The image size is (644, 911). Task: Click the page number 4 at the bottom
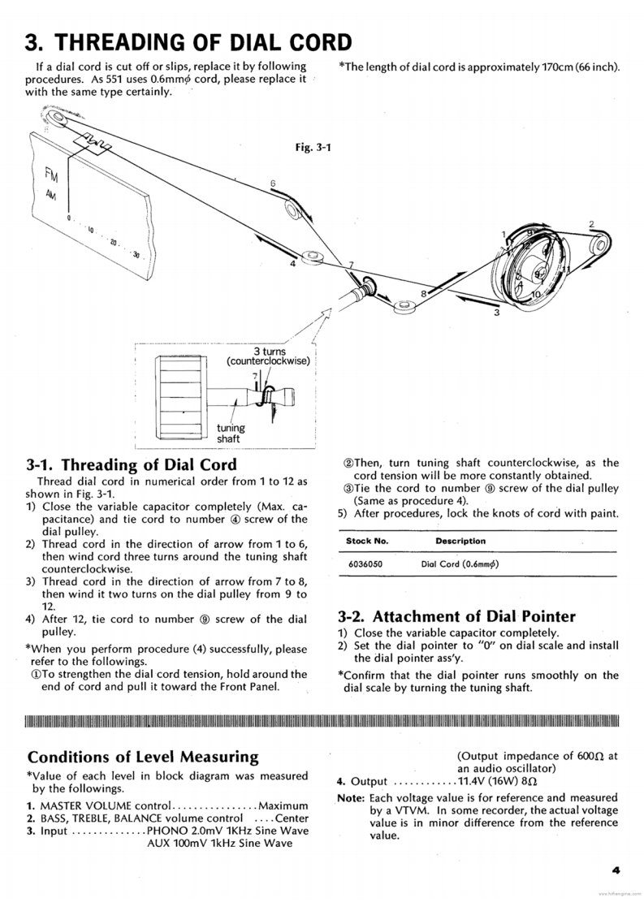coord(616,870)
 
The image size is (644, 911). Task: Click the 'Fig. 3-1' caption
coord(318,147)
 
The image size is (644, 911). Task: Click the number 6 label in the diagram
coord(273,183)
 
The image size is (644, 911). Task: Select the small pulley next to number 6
coord(292,211)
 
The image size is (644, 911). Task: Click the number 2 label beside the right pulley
coord(591,224)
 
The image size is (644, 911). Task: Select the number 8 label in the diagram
coord(423,292)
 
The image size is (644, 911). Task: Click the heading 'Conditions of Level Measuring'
coord(143,757)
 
